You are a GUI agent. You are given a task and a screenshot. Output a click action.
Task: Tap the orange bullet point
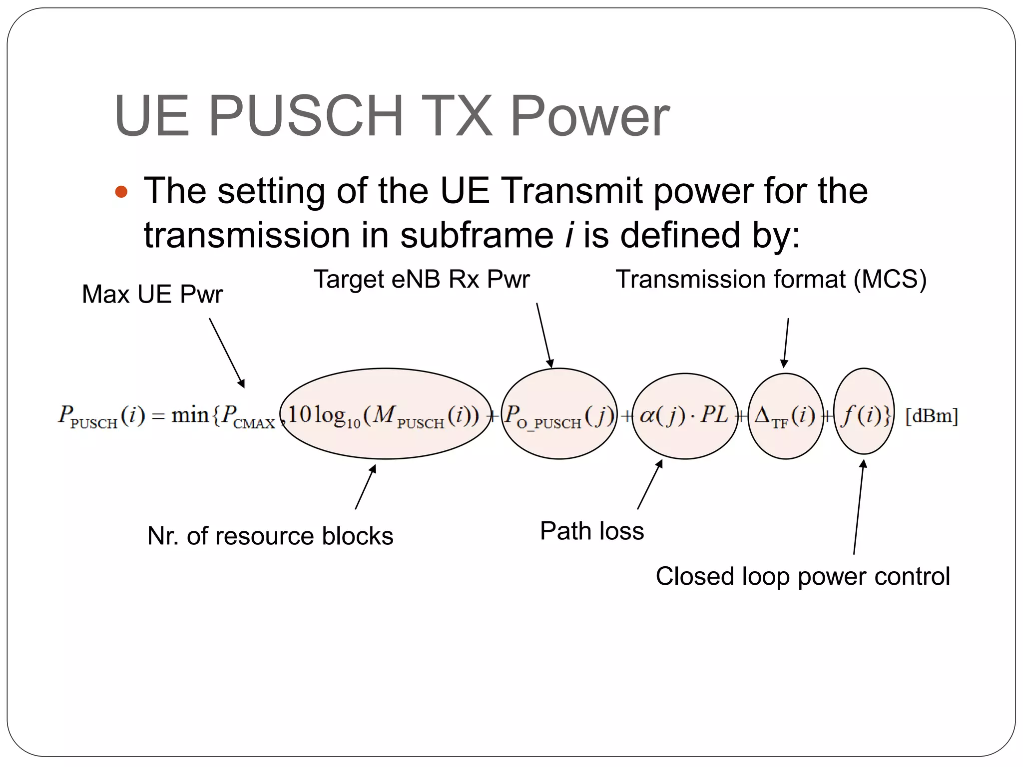click(x=121, y=192)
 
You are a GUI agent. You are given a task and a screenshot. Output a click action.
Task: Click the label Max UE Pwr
click(x=152, y=294)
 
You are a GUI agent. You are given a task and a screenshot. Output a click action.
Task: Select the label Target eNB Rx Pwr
click(x=421, y=279)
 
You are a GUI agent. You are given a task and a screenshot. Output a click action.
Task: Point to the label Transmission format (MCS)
click(x=771, y=279)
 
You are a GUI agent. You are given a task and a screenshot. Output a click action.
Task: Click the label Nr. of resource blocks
click(x=270, y=536)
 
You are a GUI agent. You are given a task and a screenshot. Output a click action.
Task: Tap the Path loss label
click(x=591, y=531)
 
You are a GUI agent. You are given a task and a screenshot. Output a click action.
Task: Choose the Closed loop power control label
click(x=802, y=576)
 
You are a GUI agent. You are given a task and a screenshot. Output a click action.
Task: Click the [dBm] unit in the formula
click(x=932, y=416)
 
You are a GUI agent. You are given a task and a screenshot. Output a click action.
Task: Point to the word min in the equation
click(x=190, y=414)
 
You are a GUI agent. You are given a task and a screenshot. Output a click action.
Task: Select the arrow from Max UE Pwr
click(x=227, y=353)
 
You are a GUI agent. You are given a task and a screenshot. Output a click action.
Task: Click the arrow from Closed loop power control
click(x=859, y=507)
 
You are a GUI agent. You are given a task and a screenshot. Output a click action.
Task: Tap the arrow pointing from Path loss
click(x=650, y=484)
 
